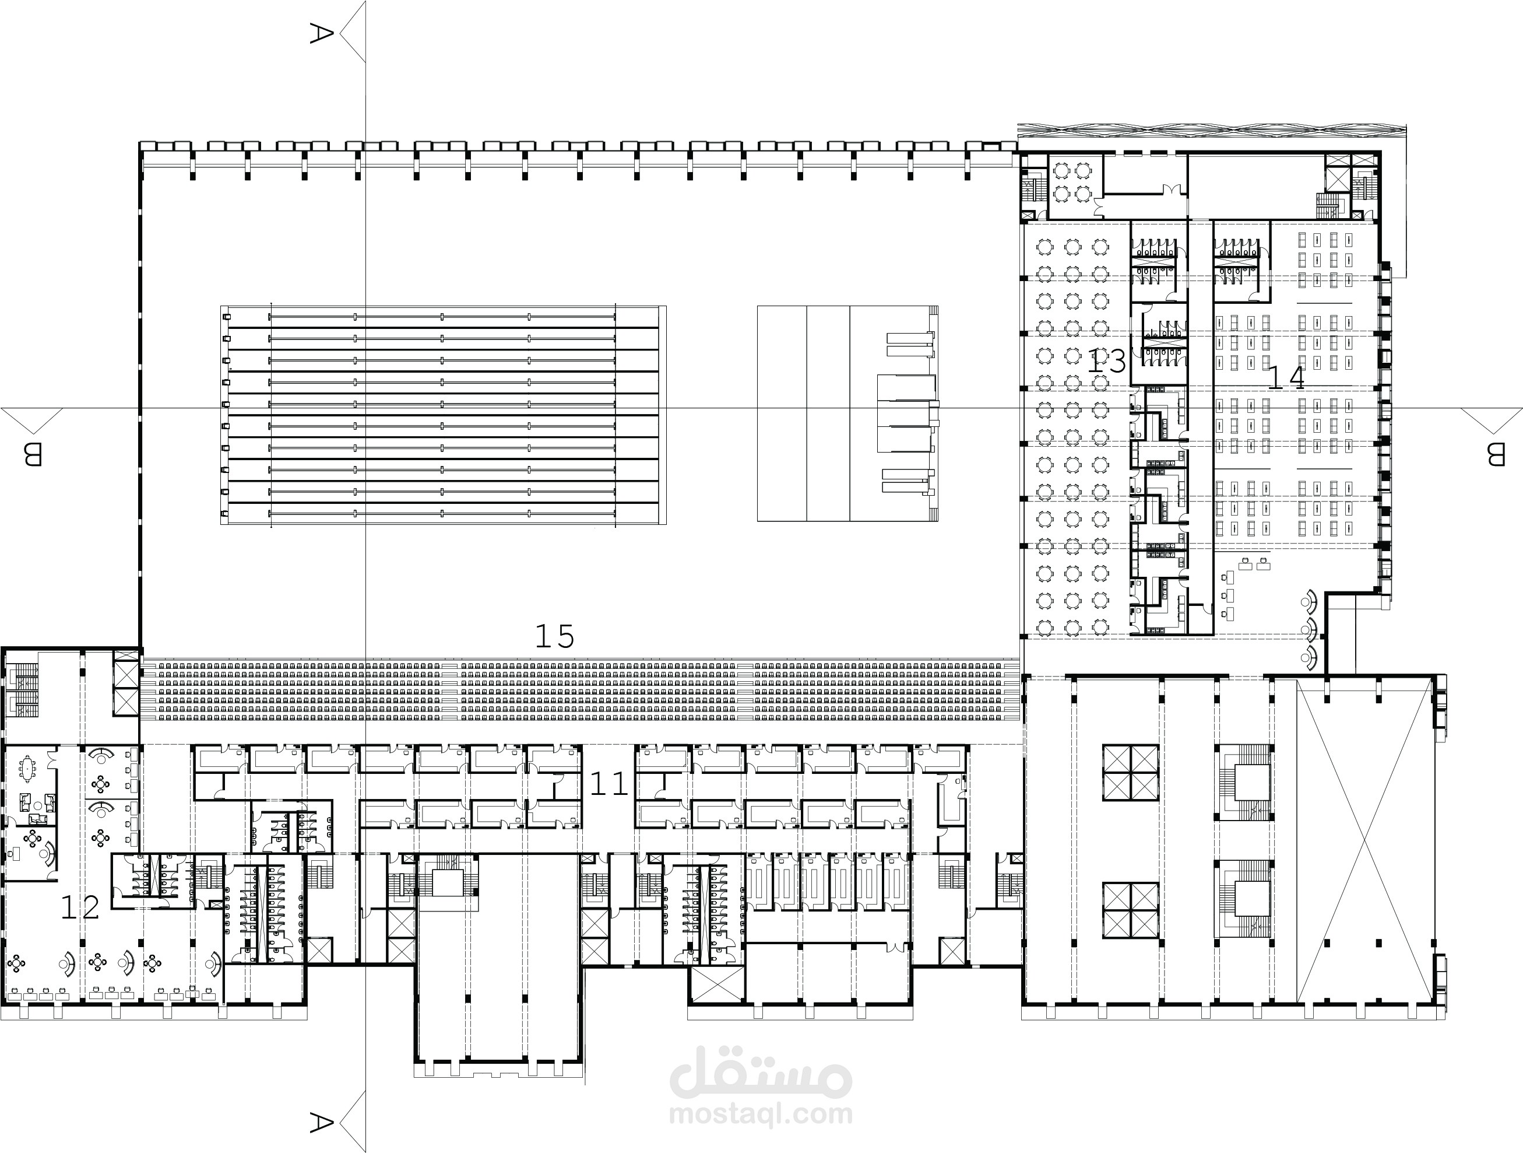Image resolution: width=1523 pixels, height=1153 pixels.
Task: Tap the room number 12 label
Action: pos(80,907)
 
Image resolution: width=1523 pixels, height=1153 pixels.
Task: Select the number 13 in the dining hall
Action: pos(1106,362)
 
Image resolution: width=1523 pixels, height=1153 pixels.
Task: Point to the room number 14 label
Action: pos(1285,378)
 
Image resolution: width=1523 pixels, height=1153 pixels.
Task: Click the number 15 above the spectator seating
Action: pos(554,636)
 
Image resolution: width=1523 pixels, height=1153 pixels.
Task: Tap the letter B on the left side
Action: pos(33,454)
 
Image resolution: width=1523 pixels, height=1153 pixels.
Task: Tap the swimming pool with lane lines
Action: pos(443,415)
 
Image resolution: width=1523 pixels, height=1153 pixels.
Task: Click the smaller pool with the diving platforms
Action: pos(847,413)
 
